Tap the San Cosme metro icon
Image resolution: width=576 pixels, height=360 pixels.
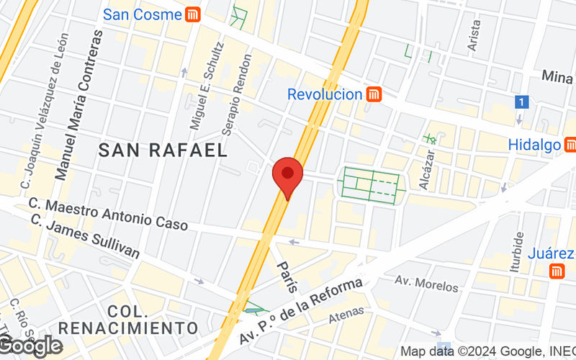coord(192,14)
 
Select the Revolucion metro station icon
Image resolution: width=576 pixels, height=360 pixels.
coord(373,94)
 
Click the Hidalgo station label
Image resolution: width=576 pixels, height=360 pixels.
coord(534,145)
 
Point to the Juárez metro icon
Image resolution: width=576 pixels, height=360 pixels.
coord(556,271)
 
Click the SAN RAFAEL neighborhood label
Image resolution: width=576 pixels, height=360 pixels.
coord(163,150)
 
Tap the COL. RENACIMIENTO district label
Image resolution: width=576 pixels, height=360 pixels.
coord(128,320)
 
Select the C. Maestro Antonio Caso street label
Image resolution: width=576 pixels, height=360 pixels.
coord(108,215)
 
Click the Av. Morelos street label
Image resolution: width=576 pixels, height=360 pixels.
coord(426,284)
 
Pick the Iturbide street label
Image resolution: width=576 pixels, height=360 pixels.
coord(516,253)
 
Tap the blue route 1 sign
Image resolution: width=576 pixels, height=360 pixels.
coord(522,102)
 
